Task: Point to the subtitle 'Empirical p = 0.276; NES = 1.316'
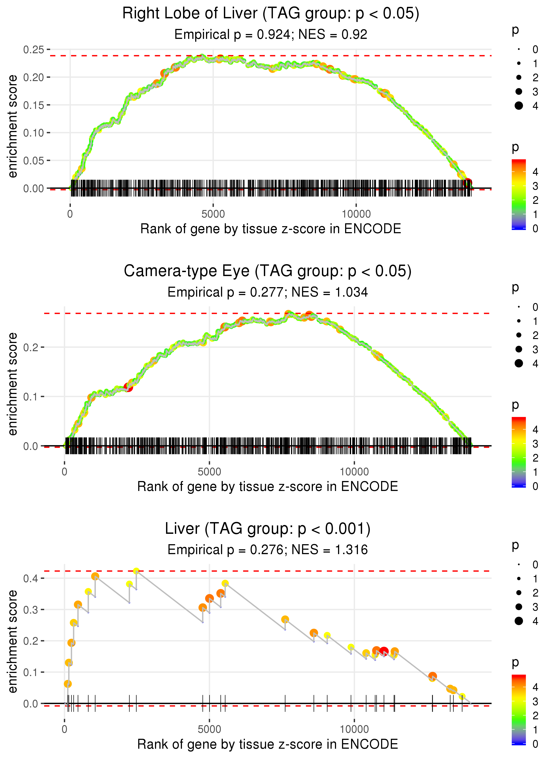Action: click(268, 550)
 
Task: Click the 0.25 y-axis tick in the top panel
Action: click(33, 50)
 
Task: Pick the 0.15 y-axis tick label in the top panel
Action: click(33, 105)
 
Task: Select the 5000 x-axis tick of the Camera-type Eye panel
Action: click(209, 472)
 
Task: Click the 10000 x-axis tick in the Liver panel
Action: click(354, 729)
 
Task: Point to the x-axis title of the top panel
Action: click(270, 229)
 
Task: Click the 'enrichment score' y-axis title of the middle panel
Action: click(13, 384)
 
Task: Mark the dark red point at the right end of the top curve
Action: click(468, 183)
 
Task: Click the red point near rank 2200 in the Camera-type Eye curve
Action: click(128, 387)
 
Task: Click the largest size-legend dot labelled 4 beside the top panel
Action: click(519, 106)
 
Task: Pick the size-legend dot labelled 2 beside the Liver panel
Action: click(519, 593)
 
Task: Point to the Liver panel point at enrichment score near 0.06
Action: click(68, 684)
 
